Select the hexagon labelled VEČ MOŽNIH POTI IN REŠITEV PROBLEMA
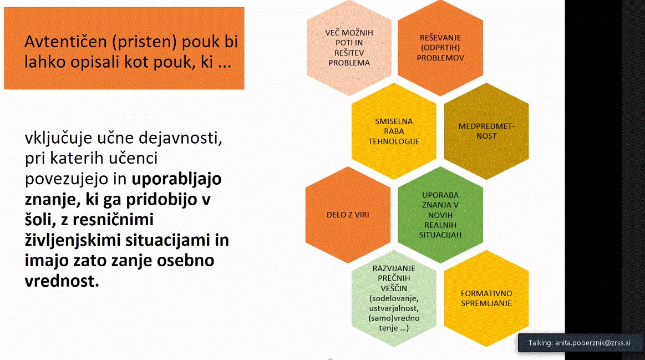[x=349, y=47]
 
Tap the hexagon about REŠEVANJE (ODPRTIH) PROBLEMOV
[x=441, y=47]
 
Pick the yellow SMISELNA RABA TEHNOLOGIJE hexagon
[x=394, y=131]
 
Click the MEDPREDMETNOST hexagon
[x=486, y=131]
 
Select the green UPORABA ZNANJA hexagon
[x=441, y=215]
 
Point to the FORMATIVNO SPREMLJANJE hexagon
[x=486, y=298]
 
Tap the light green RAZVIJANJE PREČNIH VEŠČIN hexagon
[x=394, y=298]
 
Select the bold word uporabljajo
[x=177, y=179]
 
